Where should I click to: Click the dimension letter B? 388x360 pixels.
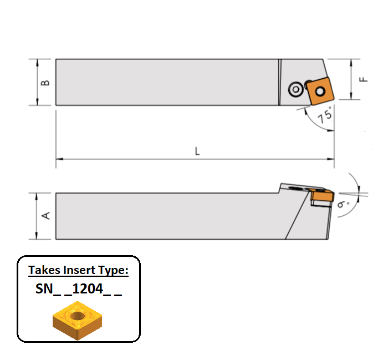(x=46, y=82)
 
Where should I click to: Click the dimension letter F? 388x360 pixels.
(x=363, y=79)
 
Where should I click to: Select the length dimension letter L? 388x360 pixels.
(x=197, y=151)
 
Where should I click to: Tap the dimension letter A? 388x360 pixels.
(x=47, y=215)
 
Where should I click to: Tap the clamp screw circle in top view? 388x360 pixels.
(x=296, y=89)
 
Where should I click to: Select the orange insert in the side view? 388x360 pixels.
(x=321, y=196)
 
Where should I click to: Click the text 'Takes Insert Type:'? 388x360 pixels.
(x=78, y=271)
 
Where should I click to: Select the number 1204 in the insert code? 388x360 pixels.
(x=92, y=290)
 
